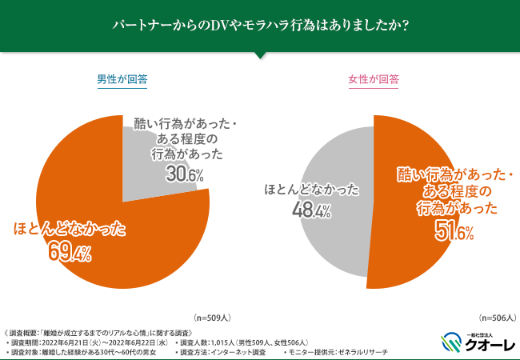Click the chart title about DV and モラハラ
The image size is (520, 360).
260,26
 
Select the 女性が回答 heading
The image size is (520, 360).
374,80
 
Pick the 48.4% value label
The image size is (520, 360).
310,211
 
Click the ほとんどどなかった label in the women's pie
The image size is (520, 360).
311,190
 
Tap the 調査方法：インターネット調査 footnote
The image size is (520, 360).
224,352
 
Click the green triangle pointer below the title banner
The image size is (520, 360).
260,55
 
